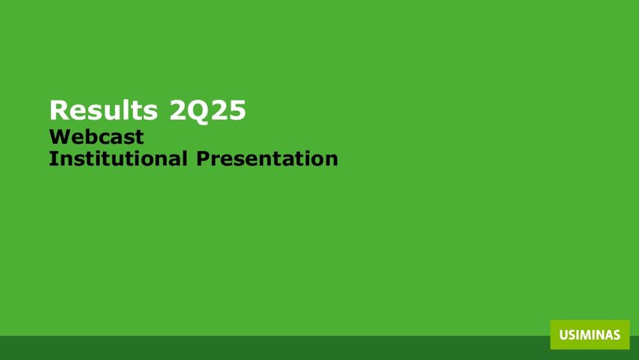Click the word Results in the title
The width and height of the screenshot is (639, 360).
104,110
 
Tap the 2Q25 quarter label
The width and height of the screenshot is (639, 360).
208,111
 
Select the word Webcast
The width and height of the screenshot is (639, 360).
96,137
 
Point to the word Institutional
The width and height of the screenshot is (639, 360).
118,158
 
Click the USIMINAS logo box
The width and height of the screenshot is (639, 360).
590,334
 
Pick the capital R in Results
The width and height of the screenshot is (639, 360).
58,110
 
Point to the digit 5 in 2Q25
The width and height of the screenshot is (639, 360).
238,111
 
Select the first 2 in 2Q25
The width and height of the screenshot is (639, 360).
177,110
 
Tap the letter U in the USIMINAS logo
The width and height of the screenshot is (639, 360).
564,335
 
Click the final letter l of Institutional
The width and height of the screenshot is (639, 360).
185,158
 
